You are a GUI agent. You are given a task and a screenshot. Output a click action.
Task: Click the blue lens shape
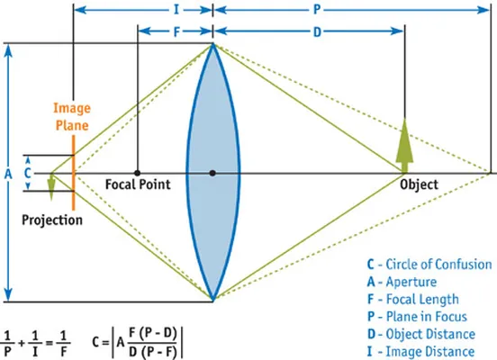[x=213, y=173]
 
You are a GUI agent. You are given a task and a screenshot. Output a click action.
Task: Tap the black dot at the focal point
[x=137, y=173]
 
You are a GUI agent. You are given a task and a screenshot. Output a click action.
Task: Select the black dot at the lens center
[x=212, y=173]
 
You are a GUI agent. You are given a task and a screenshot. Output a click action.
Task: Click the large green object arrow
[x=404, y=146]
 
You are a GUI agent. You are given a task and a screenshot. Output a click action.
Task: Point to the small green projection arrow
[x=51, y=187]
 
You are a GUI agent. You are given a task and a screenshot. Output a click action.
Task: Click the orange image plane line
[x=74, y=173]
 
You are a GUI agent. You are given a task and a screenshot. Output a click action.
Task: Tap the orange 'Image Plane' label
[x=72, y=117]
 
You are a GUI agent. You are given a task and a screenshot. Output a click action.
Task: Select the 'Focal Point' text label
[x=138, y=184]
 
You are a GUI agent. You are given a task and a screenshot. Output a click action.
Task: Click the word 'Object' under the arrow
[x=419, y=184]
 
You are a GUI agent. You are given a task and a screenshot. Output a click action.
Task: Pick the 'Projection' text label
[x=52, y=220]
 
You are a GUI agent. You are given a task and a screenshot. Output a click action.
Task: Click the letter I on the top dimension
[x=176, y=10]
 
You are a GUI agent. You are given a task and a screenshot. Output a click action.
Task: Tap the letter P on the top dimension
[x=317, y=10]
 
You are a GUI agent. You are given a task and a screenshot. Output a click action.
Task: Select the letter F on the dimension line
[x=176, y=31]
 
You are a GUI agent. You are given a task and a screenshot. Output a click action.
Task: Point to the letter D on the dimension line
[x=317, y=31]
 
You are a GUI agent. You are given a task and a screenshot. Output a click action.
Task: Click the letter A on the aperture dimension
[x=8, y=174]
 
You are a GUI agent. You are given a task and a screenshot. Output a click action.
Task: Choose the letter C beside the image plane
[x=28, y=173]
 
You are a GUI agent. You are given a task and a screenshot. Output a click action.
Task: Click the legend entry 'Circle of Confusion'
[x=429, y=265]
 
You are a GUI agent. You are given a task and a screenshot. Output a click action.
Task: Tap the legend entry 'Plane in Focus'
[x=417, y=317]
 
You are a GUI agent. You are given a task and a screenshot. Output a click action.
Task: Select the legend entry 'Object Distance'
[x=421, y=334]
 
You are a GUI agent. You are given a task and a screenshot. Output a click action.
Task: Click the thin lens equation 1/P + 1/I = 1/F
[x=35, y=344]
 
